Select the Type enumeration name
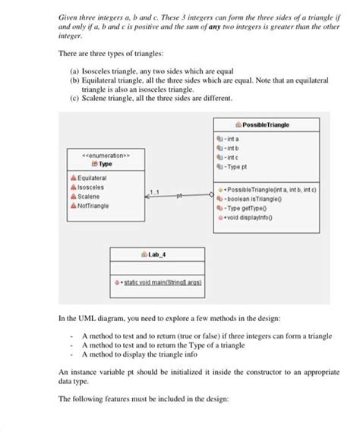pos(106,163)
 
